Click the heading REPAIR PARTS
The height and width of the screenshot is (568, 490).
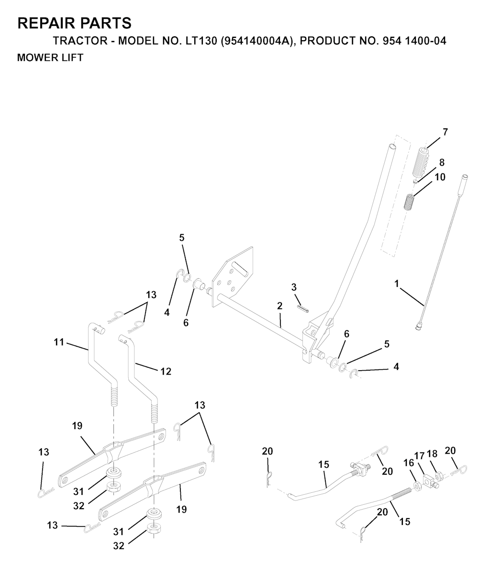tap(74, 23)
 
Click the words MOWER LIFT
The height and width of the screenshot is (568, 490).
tap(50, 57)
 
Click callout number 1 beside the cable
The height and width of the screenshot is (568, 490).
tap(397, 284)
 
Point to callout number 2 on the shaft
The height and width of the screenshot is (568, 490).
tap(279, 306)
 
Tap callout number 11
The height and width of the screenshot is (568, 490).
tap(59, 342)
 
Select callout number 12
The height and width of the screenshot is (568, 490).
tap(166, 371)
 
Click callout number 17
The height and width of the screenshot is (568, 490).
tap(419, 456)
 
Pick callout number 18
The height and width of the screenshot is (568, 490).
tap(432, 454)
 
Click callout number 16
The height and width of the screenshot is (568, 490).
tap(409, 463)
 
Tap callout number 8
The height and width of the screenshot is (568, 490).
tap(442, 162)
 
